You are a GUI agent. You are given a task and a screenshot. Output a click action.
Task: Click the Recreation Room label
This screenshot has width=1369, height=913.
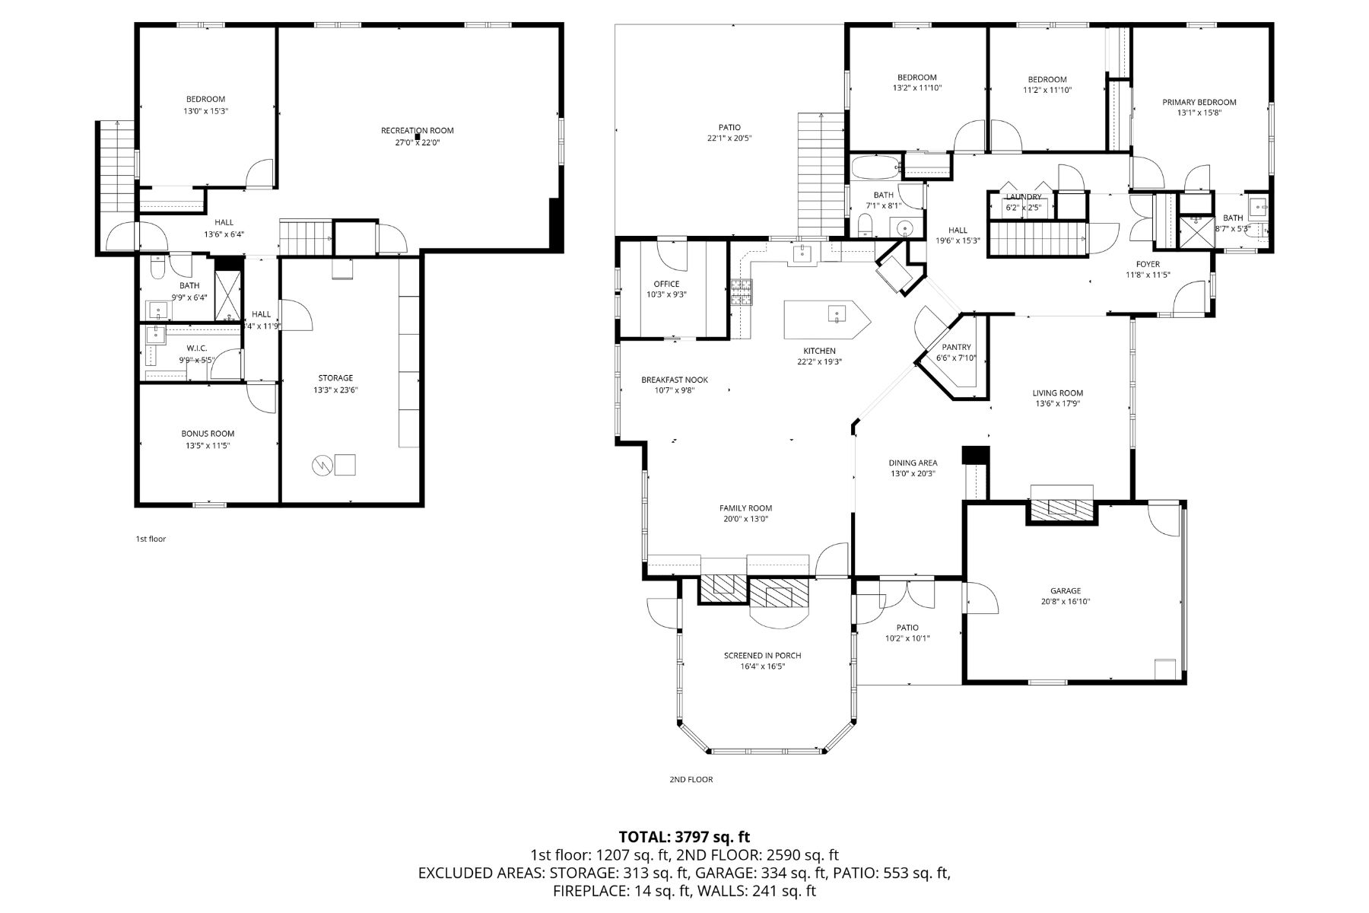click(417, 131)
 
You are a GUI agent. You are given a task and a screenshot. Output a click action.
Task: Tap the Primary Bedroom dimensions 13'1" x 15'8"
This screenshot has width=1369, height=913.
click(1199, 113)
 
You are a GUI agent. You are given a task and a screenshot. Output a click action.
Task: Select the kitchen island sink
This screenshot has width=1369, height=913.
click(836, 313)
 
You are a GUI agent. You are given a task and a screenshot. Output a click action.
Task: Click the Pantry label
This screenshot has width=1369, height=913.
click(956, 347)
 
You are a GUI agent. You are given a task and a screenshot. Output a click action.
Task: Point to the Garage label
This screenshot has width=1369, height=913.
click(1065, 590)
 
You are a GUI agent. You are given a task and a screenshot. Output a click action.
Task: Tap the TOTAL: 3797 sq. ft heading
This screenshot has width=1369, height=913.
click(684, 838)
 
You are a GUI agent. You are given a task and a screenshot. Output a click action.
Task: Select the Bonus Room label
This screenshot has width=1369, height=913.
click(208, 434)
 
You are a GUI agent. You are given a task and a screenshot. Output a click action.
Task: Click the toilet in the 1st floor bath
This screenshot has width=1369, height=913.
click(157, 267)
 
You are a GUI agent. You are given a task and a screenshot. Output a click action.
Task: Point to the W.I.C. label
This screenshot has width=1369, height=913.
click(196, 348)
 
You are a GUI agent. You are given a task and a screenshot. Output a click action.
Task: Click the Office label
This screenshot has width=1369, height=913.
click(666, 284)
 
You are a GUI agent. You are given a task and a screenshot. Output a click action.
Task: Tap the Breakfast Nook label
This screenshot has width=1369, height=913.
click(674, 380)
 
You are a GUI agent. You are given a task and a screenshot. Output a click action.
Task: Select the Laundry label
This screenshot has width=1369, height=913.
click(1023, 197)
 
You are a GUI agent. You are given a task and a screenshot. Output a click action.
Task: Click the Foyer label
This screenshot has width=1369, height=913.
click(1148, 264)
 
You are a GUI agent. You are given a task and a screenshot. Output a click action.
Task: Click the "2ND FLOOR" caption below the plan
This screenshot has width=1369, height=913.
click(691, 779)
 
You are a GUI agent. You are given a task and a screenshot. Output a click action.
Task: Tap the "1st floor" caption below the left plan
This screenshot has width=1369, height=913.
click(151, 539)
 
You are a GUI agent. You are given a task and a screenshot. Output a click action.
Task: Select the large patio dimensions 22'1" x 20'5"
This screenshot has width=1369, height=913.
click(729, 138)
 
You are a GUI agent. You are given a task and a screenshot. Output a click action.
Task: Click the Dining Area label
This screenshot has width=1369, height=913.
click(913, 463)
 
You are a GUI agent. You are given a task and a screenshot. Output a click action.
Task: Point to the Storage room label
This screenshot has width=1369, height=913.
click(335, 378)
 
